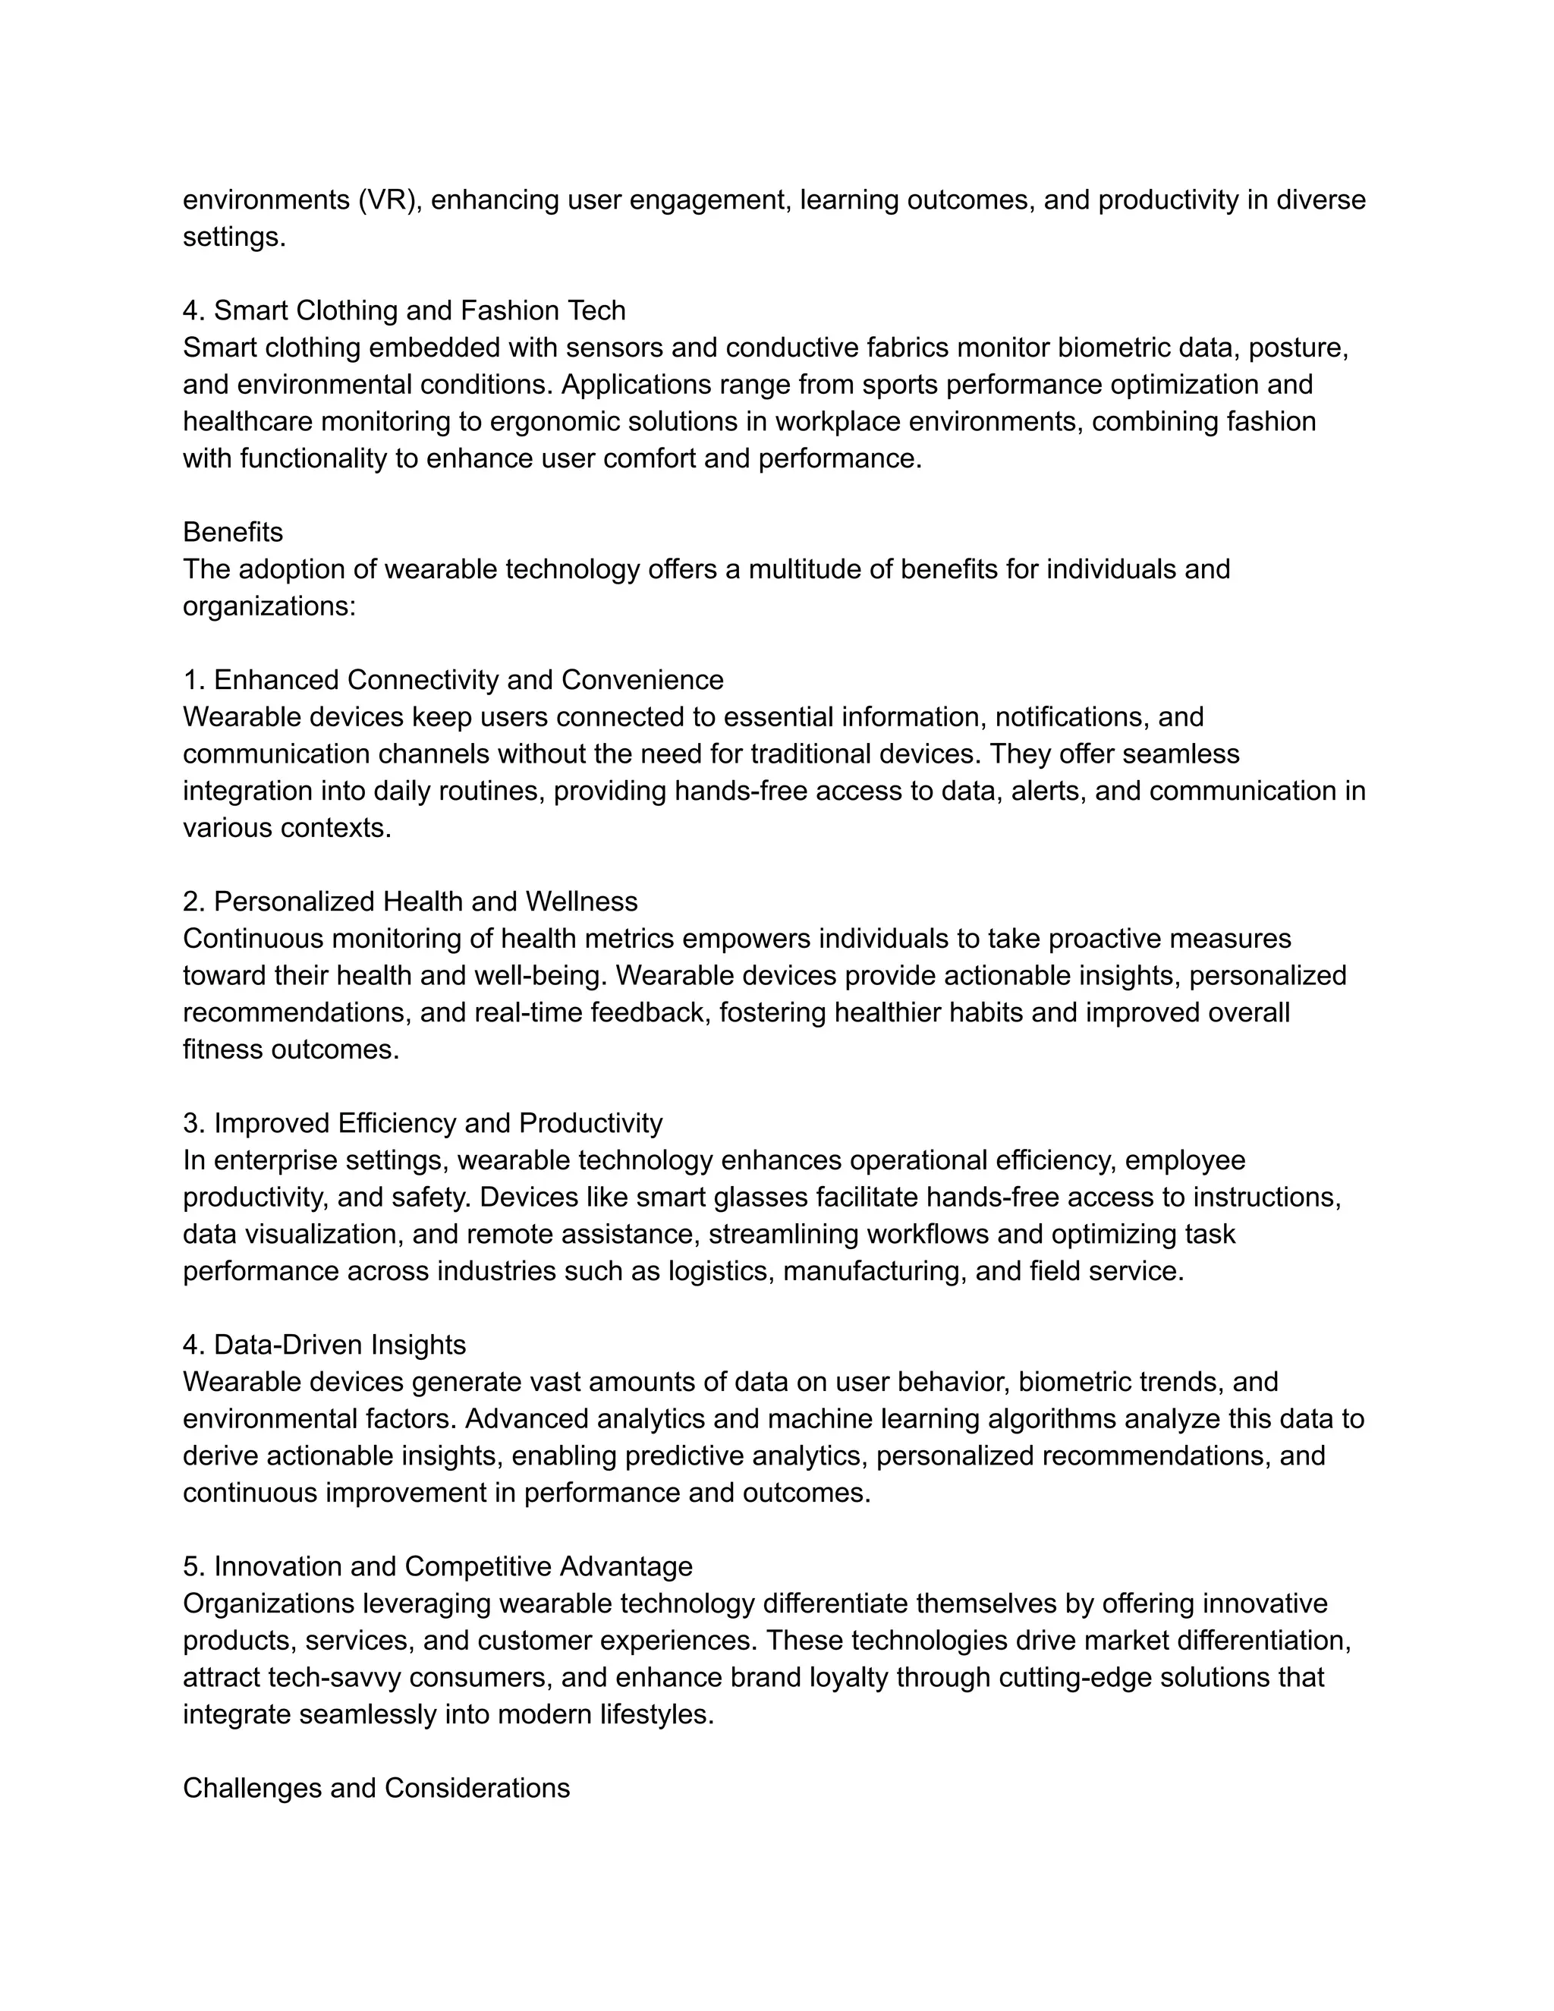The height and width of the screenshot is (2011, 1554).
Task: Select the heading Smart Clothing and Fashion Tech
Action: click(x=419, y=310)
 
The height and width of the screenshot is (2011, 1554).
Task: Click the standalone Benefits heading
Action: click(x=233, y=532)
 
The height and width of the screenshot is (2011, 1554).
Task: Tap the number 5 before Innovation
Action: click(x=190, y=1566)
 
